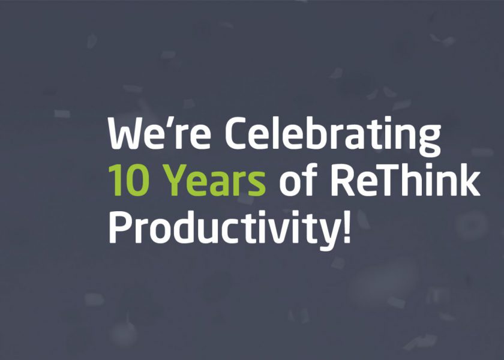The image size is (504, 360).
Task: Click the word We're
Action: [x=160, y=133]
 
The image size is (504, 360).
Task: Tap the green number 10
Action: [x=129, y=180]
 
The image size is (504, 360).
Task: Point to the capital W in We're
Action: [x=128, y=133]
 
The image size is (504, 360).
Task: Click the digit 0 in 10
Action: [x=138, y=180]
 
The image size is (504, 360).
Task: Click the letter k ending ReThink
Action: [x=469, y=179]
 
